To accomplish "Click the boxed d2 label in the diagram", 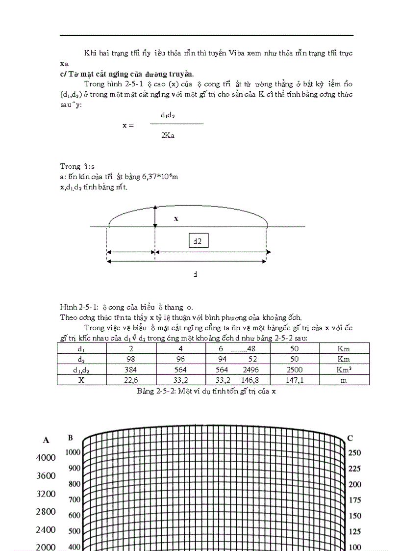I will (198, 241).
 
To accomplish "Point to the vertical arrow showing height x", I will (155, 215).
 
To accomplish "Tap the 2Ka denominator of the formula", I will (168, 135).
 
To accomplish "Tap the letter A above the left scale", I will (46, 440).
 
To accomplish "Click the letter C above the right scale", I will (350, 438).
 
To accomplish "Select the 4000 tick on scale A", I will (46, 458).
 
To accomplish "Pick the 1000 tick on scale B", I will (73, 452).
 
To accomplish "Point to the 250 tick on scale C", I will (354, 453).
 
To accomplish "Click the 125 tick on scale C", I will (354, 531).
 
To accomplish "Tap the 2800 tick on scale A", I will (46, 512).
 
